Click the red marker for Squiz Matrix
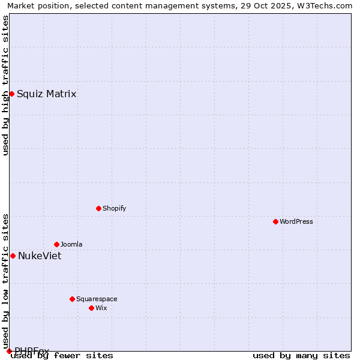(11, 94)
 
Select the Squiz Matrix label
(46, 94)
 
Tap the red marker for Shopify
(98, 208)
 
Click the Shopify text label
(114, 208)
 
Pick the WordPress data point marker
(275, 221)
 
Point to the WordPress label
(296, 221)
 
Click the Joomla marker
(56, 244)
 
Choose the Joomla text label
(71, 244)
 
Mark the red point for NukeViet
(13, 256)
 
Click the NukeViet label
(39, 256)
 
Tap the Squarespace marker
(72, 299)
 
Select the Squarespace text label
(97, 299)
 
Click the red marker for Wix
(91, 308)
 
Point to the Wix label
(101, 308)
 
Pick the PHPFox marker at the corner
(9, 351)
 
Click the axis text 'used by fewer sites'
(62, 356)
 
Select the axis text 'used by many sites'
(301, 356)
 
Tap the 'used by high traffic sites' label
(5, 85)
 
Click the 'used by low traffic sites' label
(5, 277)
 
